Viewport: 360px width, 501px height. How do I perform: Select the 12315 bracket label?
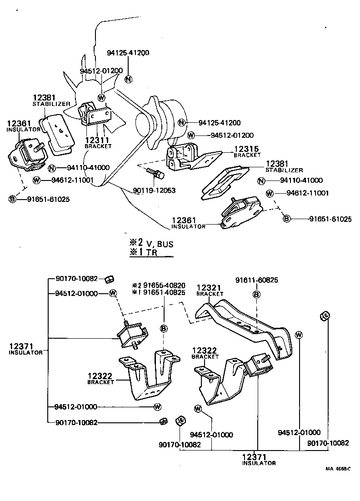pos(246,149)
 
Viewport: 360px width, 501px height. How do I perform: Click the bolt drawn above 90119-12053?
pos(153,173)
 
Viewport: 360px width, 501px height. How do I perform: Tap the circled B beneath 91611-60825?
pos(257,295)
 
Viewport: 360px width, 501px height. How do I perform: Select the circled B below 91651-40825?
pos(164,328)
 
